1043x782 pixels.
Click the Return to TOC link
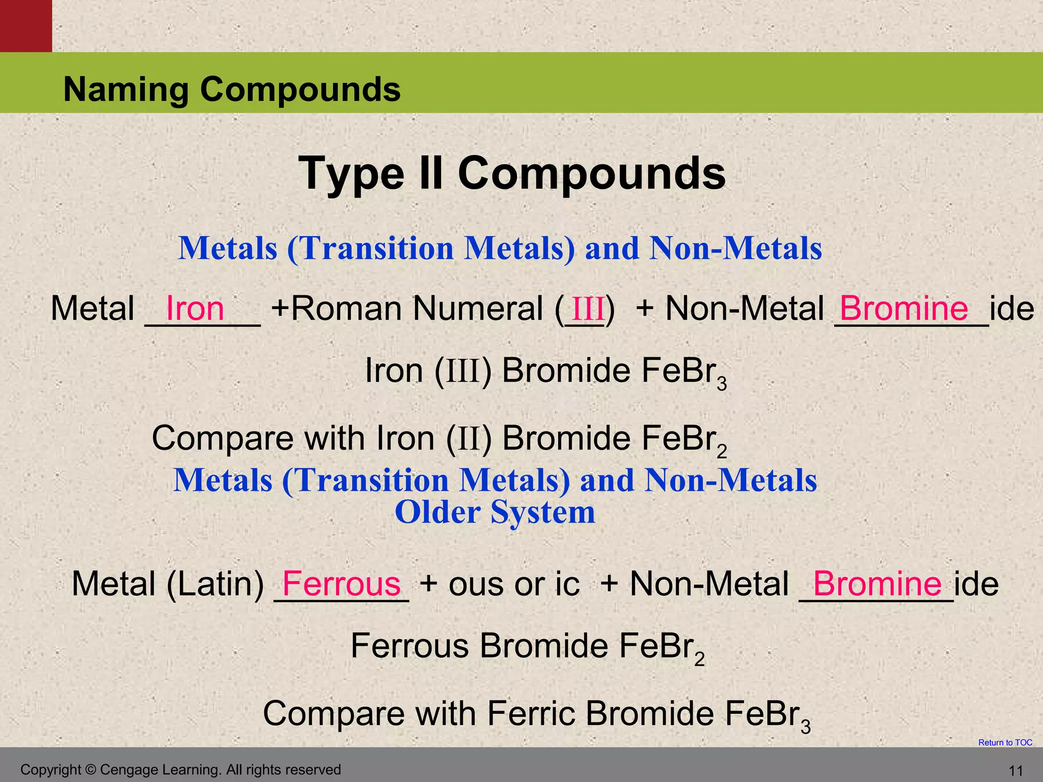tap(1005, 742)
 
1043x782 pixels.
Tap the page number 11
tap(1015, 771)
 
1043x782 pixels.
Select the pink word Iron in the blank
tap(195, 309)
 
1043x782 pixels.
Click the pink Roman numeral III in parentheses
tap(588, 309)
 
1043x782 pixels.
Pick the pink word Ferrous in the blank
tap(341, 583)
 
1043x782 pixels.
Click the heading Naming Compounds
tap(232, 89)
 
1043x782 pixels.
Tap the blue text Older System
tap(495, 512)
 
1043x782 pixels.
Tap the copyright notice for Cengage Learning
tap(180, 770)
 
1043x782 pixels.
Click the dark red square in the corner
tap(25, 25)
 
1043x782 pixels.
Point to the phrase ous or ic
tap(514, 583)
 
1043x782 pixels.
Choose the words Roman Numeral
tap(418, 309)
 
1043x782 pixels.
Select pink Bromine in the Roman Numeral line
tap(904, 309)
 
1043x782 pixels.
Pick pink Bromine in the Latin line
tap(877, 583)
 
